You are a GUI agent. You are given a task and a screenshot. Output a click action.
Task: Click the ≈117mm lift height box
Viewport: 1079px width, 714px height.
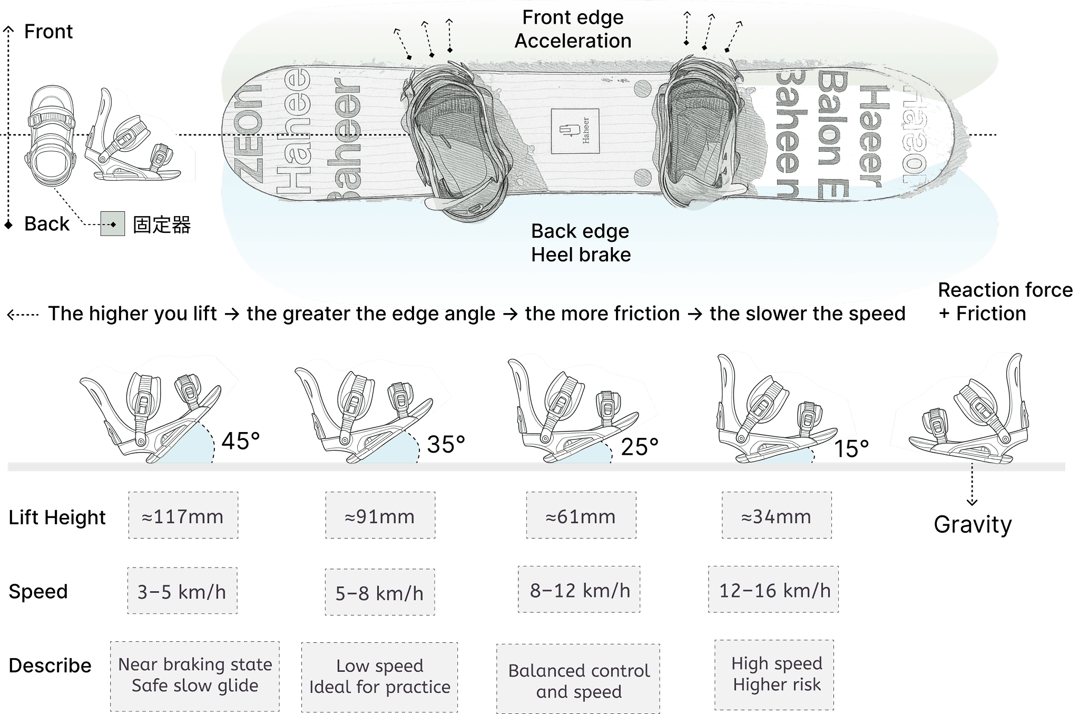tap(183, 515)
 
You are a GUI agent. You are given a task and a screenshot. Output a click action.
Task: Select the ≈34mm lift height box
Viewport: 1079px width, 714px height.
tap(777, 515)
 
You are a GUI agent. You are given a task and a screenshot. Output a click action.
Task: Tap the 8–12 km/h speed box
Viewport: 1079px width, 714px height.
tap(579, 590)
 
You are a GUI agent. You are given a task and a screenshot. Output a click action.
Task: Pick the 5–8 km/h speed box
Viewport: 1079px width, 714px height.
tap(379, 592)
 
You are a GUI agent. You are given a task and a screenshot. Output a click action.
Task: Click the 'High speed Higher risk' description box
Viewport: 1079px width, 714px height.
tap(774, 674)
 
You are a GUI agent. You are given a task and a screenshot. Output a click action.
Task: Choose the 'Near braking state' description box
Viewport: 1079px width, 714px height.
tap(195, 676)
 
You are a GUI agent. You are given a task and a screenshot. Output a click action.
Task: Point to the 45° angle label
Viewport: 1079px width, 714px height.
tap(241, 441)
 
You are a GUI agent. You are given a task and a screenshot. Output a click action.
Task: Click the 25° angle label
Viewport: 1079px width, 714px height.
tap(640, 447)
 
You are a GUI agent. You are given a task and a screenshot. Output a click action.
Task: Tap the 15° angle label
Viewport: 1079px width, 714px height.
tap(851, 449)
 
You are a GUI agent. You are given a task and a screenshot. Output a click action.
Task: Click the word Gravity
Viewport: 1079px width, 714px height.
tap(973, 524)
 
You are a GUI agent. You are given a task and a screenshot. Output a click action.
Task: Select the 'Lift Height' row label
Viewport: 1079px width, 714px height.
tap(57, 517)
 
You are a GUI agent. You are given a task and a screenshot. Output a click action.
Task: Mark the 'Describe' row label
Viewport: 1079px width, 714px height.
tap(50, 666)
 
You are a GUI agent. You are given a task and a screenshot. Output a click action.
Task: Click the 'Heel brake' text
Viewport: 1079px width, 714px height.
tap(581, 255)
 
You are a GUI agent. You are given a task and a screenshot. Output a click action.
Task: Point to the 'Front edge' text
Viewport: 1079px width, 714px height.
tap(573, 17)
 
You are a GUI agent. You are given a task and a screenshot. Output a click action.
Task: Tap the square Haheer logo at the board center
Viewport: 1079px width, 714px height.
tap(575, 131)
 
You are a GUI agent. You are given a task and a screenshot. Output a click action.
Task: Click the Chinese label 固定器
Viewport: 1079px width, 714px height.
tap(161, 224)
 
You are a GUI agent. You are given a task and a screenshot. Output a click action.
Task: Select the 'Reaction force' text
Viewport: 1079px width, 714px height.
tap(1005, 290)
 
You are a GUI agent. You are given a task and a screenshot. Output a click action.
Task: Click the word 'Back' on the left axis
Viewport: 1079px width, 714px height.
tap(47, 224)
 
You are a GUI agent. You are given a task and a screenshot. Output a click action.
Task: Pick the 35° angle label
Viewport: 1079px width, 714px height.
tap(446, 444)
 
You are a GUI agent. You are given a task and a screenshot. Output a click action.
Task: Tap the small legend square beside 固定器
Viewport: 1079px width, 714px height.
tap(113, 224)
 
